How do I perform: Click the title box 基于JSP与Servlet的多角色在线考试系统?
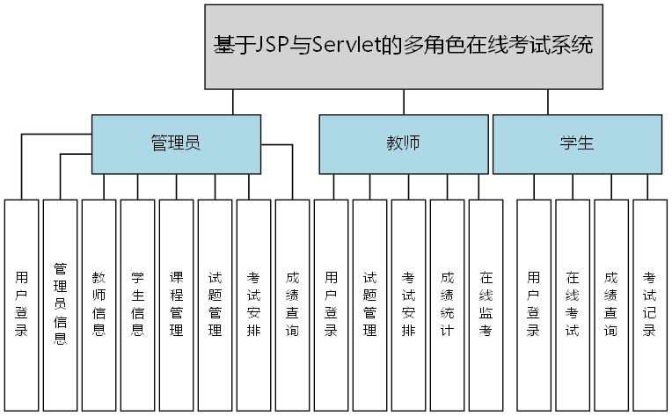404,47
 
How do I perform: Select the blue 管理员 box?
176,144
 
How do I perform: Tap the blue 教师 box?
403,144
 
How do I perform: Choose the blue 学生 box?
577,144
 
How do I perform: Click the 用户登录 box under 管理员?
22,304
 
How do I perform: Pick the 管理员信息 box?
61,304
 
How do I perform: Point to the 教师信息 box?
99,304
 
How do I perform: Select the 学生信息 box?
138,304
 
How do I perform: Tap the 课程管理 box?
177,304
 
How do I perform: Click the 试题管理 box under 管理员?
215,304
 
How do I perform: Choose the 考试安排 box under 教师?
408,304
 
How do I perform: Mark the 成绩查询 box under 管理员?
292,304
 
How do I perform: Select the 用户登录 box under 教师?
332,304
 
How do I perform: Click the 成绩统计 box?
447,304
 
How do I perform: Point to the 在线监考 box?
486,304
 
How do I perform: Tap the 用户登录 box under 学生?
534,304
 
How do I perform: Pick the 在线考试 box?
573,304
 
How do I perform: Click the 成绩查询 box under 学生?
611,304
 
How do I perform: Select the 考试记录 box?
650,304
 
